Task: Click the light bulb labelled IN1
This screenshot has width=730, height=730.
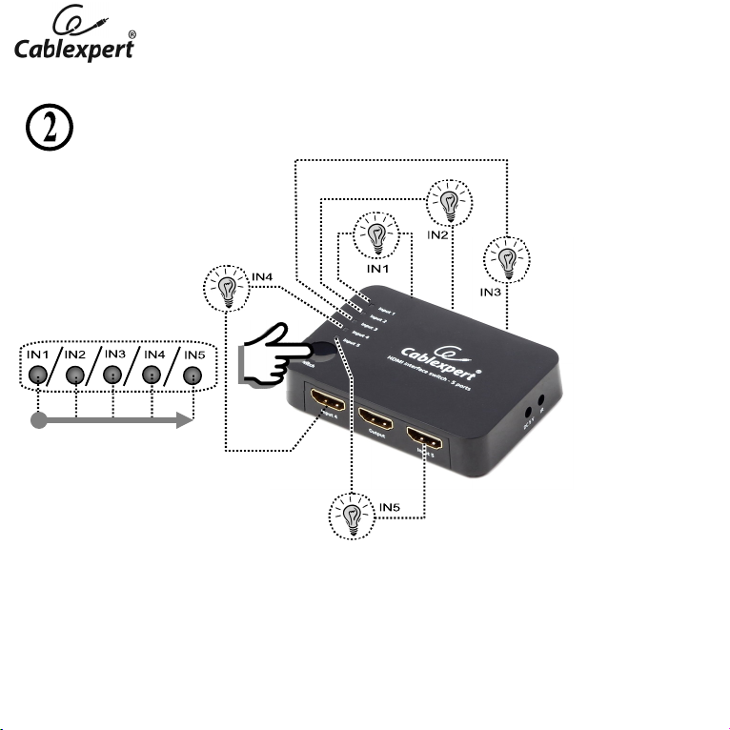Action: click(x=377, y=234)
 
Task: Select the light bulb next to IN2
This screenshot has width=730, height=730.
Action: click(x=446, y=201)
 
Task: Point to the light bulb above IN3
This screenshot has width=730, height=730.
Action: click(x=508, y=259)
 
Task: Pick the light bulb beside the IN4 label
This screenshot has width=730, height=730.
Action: click(x=227, y=289)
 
